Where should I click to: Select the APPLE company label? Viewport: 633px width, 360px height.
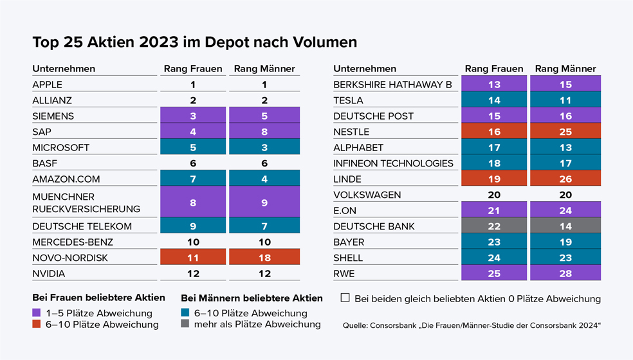pos(48,84)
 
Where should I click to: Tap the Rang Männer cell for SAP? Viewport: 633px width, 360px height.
pos(264,131)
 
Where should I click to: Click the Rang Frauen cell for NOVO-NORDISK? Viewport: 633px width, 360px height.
pos(192,257)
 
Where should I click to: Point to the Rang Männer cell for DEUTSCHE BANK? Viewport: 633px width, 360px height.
pos(565,226)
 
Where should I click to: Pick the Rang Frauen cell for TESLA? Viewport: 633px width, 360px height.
pos(493,100)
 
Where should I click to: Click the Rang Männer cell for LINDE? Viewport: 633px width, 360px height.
pos(565,179)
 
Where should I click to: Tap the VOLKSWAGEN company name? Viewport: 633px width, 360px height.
pos(367,195)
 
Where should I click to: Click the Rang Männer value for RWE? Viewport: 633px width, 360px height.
pos(565,273)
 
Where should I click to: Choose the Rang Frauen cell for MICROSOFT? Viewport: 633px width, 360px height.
pos(192,147)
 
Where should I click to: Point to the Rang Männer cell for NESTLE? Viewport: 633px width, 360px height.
pos(565,132)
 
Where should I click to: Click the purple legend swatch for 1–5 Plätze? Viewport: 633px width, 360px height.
pos(36,313)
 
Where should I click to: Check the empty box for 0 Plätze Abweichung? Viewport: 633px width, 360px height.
pos(345,298)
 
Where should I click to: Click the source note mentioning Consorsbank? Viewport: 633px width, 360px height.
pos(472,326)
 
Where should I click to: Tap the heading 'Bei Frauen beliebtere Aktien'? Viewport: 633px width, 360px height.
pos(98,298)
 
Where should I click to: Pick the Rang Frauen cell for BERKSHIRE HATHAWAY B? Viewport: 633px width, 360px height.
pos(493,84)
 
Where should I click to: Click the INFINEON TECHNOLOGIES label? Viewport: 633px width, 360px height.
pos(393,163)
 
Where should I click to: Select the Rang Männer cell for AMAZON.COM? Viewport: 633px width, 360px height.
pos(264,179)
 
